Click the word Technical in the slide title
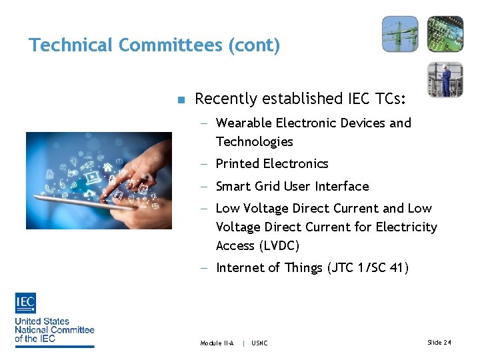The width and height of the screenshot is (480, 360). (71, 45)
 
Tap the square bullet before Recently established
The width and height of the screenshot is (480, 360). (179, 100)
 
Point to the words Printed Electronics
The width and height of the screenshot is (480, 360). (272, 164)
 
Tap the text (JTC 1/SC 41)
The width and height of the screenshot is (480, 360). (368, 268)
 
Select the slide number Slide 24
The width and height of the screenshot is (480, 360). (439, 342)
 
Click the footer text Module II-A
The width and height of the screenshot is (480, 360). (217, 343)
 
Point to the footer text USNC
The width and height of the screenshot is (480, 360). (259, 343)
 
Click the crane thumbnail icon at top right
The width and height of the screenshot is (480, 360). (400, 34)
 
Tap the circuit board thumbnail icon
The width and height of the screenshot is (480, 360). (445, 34)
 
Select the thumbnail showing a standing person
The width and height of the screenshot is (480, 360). (445, 79)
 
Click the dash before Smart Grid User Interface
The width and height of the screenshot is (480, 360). (204, 187)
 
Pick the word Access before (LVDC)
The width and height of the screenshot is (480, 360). (235, 245)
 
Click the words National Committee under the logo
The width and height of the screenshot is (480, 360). (55, 329)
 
